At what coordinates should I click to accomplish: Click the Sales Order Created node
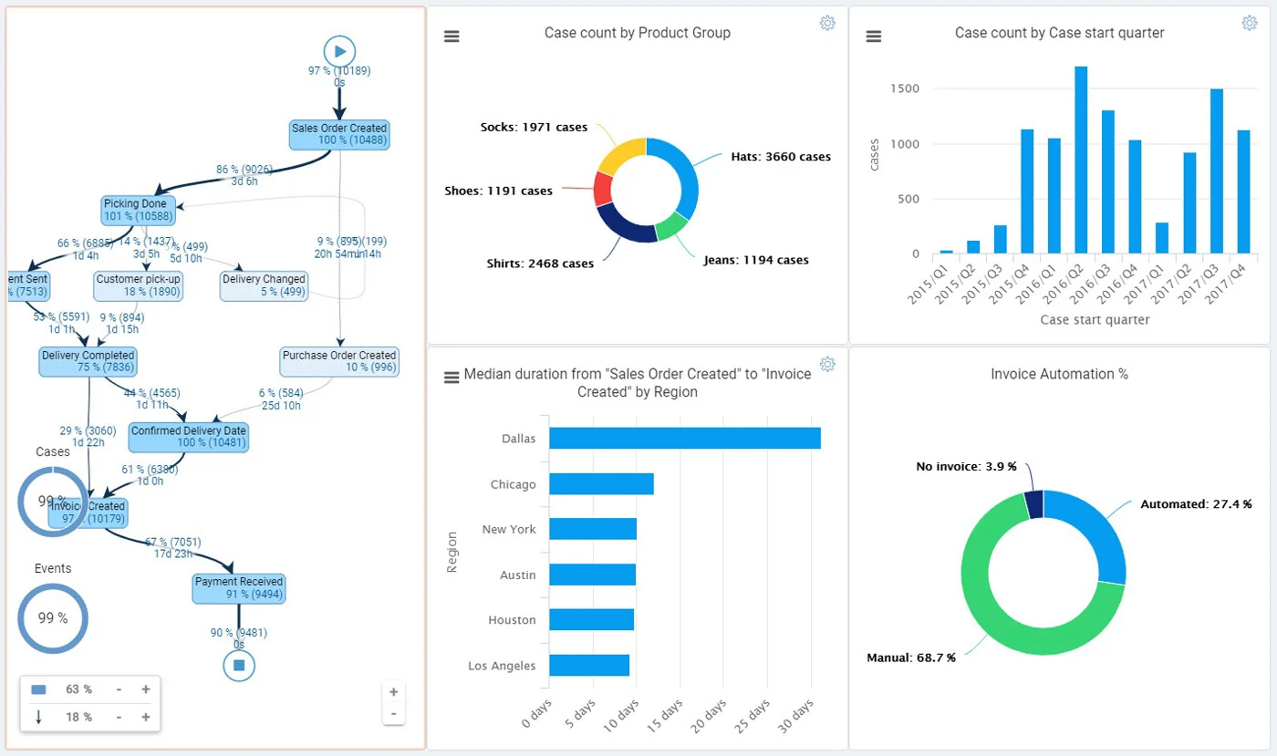339,134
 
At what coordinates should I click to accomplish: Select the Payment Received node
239,588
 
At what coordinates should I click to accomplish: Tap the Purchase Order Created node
339,361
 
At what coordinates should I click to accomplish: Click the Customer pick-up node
139,285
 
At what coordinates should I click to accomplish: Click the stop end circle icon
239,666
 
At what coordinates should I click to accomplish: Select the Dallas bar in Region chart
684,438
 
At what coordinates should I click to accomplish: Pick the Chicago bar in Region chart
601,483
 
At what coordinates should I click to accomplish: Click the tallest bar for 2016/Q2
1081,160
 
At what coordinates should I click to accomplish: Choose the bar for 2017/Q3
1216,171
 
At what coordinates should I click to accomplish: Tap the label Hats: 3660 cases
780,157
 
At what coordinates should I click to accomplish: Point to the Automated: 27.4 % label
1196,504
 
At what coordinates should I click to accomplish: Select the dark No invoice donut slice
1033,504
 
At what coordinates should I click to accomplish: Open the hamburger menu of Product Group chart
452,36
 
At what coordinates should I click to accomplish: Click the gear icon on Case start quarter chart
1249,23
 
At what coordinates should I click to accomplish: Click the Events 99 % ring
53,618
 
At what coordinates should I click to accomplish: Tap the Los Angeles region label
502,666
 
